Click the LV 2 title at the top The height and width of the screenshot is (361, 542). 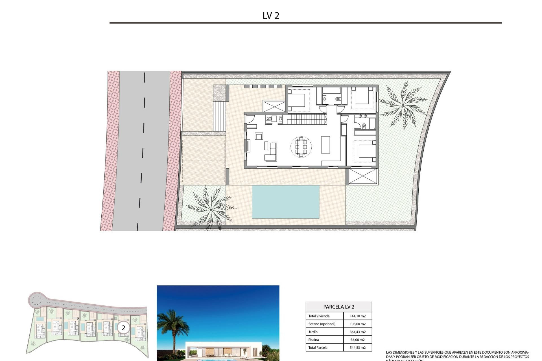point(271,16)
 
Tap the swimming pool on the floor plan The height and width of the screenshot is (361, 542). point(285,202)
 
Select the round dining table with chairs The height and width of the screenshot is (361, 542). point(301,146)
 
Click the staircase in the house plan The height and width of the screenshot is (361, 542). point(305,119)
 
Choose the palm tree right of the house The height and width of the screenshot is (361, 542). point(403,105)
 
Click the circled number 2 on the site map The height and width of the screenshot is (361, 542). point(123,328)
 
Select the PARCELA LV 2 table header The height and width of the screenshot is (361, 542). point(338,307)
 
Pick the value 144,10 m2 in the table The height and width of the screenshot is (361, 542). point(357,316)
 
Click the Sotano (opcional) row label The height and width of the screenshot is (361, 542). point(322,324)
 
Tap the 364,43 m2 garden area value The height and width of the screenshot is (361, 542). point(357,332)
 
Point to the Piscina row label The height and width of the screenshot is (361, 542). point(313,340)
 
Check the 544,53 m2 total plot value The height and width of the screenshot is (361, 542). point(357,348)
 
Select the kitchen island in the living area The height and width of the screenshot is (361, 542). point(325,145)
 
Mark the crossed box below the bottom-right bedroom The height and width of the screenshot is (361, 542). point(363,177)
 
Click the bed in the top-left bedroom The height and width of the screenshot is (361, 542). point(296,100)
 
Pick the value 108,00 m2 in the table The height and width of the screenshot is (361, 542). point(357,324)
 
